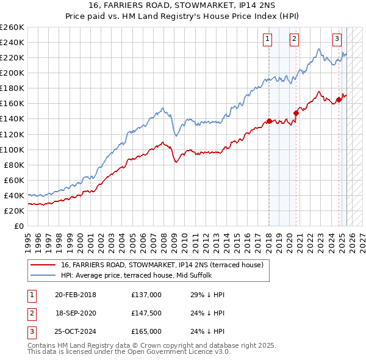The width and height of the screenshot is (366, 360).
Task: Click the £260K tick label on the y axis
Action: click(x=12, y=27)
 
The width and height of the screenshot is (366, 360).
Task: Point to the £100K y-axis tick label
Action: click(x=12, y=149)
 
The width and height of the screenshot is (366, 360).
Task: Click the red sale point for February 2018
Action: click(x=269, y=121)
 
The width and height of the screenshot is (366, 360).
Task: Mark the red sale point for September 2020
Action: click(x=296, y=112)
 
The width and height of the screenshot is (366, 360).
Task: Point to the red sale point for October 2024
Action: click(x=339, y=99)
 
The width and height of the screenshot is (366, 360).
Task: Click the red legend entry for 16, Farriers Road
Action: click(x=162, y=265)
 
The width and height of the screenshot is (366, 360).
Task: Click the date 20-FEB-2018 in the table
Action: click(x=76, y=295)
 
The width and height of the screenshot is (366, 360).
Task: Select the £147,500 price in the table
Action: click(x=146, y=313)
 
